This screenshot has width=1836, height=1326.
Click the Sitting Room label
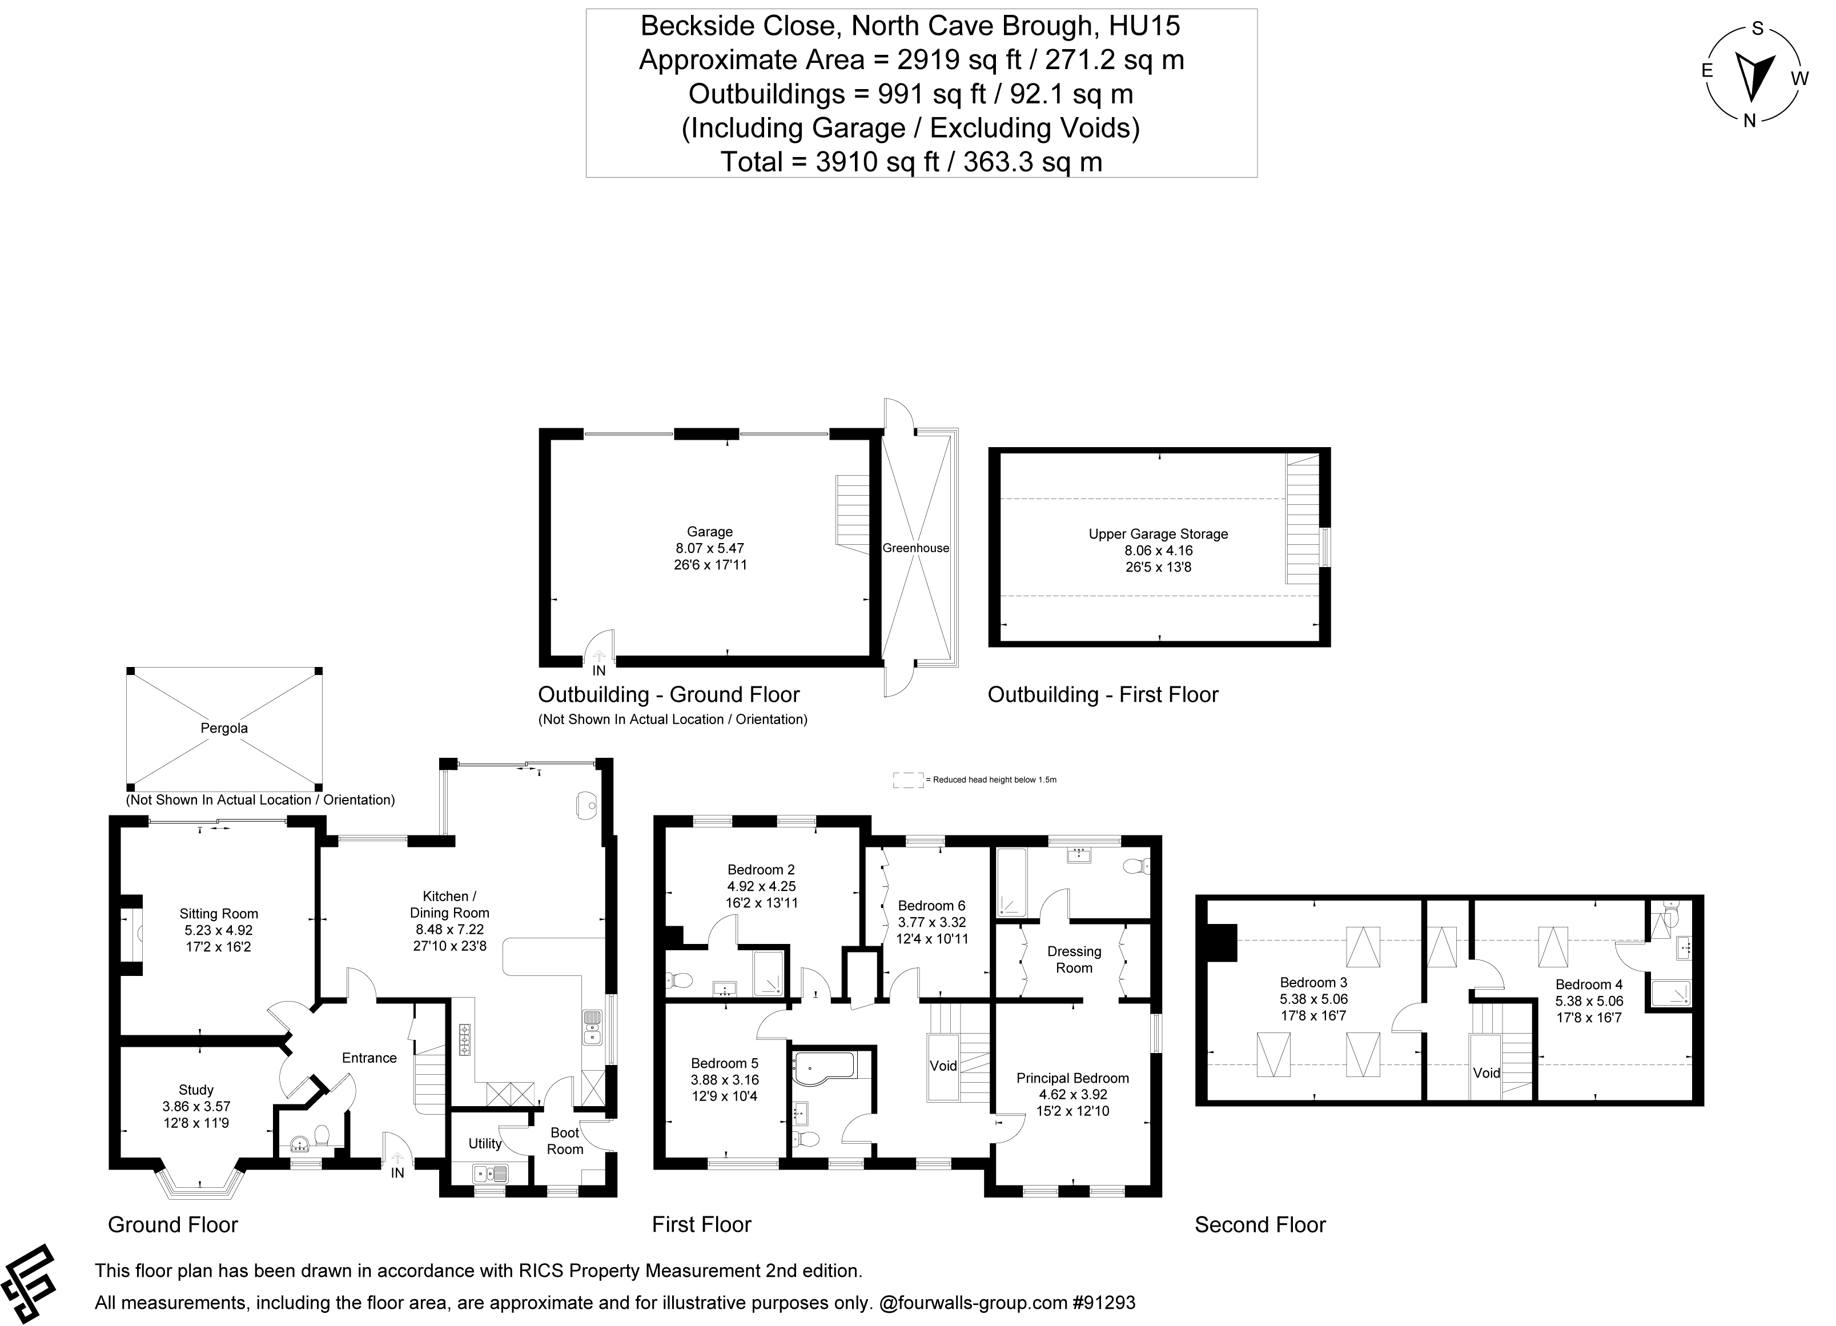219,913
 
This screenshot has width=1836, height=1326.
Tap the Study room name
196,1090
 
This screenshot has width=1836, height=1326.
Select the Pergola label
224,728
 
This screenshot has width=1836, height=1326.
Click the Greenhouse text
915,548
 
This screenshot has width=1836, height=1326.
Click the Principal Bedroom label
1072,1078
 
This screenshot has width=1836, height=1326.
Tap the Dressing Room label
1074,959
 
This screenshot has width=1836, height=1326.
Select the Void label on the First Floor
943,1066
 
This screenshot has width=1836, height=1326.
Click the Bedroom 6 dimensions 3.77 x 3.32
932,922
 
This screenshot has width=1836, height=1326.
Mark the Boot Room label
564,1140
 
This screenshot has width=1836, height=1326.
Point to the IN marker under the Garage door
599,670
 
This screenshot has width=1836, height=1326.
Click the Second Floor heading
1260,1225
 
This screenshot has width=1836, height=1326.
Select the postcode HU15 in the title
1144,27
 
